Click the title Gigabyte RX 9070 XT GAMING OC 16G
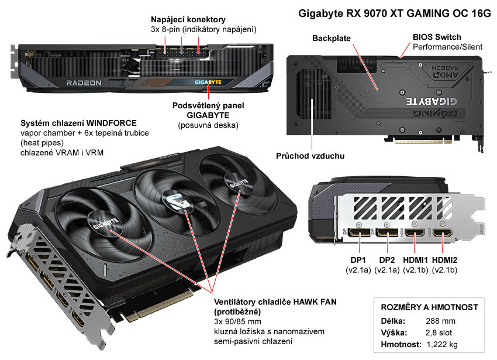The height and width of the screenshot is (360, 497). [395, 13]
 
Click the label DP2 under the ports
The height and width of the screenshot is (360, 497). [387, 260]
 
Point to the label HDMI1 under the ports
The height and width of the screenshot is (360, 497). [416, 260]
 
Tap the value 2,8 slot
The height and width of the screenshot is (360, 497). [436, 333]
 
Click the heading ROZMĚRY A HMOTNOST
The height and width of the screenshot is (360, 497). [430, 307]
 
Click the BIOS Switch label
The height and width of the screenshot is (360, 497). [437, 37]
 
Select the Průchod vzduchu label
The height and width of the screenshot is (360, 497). [310, 156]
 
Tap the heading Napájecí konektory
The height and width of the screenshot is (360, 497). [188, 19]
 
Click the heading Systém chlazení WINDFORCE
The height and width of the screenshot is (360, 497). [78, 124]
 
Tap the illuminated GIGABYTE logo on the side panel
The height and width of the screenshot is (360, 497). [208, 83]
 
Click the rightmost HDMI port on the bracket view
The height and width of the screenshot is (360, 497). [442, 235]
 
